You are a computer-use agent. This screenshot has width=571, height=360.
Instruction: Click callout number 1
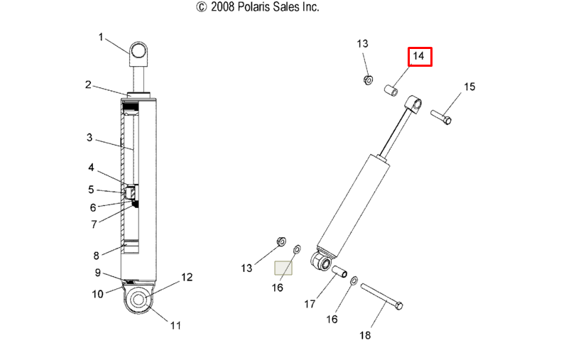click(x=101, y=37)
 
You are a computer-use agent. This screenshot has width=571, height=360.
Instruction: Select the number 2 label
click(x=88, y=84)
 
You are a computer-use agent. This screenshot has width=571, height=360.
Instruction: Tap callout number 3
click(x=89, y=138)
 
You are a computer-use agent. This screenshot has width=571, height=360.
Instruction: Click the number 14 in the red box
click(x=418, y=56)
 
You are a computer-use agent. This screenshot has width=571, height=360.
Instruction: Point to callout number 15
click(x=469, y=87)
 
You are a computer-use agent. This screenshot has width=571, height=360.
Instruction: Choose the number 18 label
click(x=365, y=335)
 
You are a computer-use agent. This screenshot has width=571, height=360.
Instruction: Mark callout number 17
click(x=310, y=304)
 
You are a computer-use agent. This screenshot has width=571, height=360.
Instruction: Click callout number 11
click(x=175, y=325)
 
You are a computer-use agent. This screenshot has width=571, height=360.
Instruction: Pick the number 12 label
click(x=187, y=278)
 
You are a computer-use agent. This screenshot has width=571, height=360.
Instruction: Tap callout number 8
click(x=96, y=256)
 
